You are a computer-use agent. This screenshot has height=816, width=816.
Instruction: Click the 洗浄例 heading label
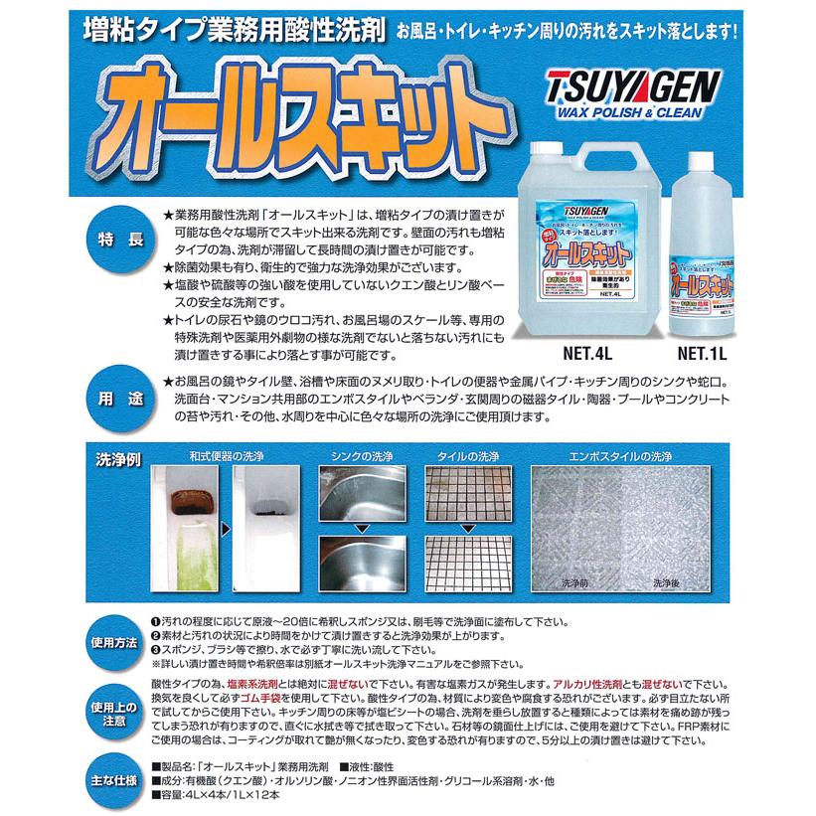tap(120, 461)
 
